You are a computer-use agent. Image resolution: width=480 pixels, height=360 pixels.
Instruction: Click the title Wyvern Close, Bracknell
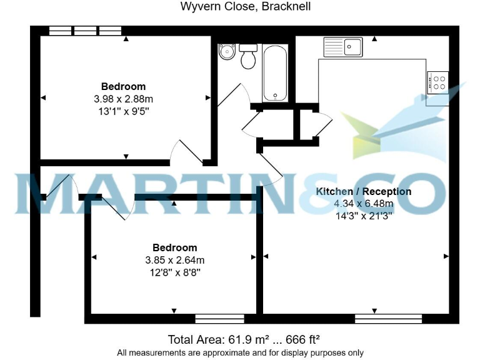click(x=245, y=7)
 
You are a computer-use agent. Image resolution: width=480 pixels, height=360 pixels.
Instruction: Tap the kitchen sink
click(x=343, y=46)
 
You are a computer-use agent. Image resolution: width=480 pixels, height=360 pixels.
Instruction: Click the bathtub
click(x=275, y=74)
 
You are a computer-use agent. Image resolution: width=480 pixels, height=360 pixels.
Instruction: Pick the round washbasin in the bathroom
click(x=226, y=54)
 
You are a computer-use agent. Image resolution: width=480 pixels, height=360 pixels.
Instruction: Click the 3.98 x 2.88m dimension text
click(x=123, y=99)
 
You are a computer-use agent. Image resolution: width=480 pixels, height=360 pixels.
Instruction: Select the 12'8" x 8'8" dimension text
click(x=175, y=272)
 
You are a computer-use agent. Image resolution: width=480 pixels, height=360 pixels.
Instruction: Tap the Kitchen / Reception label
click(x=363, y=191)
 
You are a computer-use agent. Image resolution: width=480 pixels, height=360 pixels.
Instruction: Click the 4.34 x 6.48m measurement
click(x=363, y=204)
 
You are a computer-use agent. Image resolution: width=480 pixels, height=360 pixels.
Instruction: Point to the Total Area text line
click(x=244, y=339)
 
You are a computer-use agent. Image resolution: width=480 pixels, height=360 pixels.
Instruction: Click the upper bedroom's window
click(x=85, y=30)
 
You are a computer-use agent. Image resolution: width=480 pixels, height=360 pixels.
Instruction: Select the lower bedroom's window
click(x=219, y=319)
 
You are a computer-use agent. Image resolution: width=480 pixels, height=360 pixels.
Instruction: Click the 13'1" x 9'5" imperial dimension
click(x=123, y=111)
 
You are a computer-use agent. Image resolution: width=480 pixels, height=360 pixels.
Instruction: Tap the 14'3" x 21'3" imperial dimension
click(x=363, y=216)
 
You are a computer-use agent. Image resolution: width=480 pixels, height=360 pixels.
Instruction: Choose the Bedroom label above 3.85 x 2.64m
click(x=175, y=247)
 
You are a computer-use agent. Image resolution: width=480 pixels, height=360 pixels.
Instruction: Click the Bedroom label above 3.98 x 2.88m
click(x=123, y=86)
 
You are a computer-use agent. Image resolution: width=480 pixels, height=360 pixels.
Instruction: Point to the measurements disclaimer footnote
click(x=240, y=352)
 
